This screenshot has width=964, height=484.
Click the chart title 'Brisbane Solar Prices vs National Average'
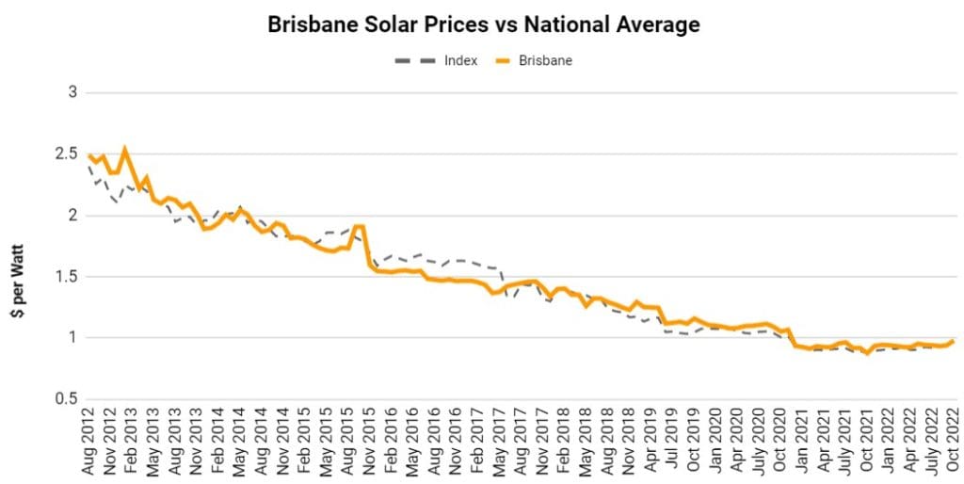tap(484, 25)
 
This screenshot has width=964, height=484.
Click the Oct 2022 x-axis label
tap(953, 443)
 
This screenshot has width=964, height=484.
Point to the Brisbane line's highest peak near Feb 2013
tap(125, 148)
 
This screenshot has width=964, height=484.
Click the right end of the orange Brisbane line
tap(953, 341)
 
